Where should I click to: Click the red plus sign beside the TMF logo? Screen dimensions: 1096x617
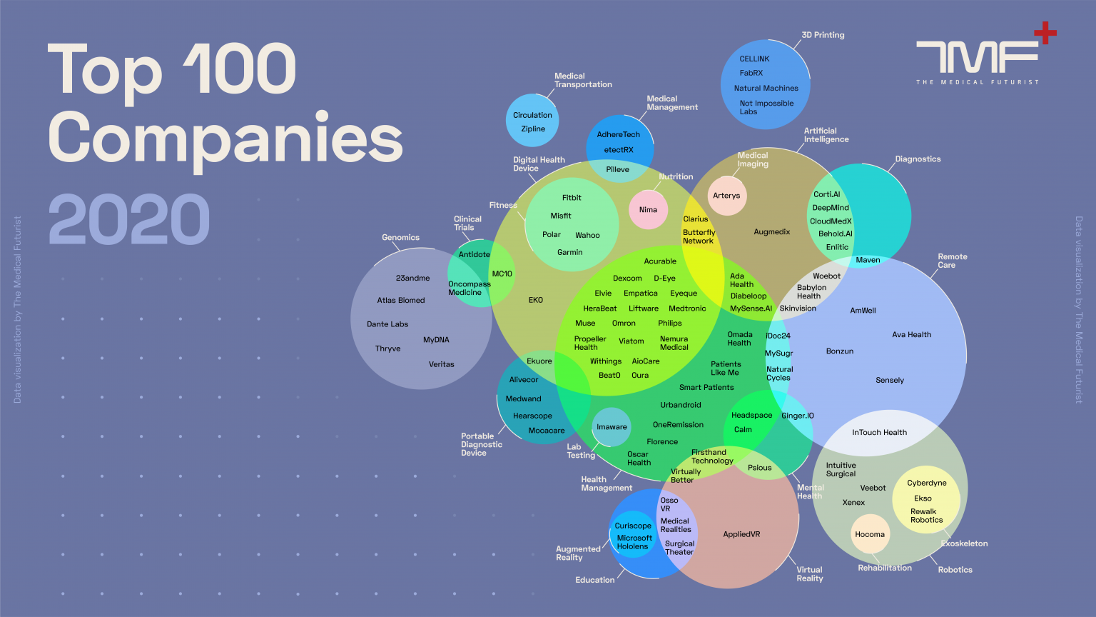tap(1045, 33)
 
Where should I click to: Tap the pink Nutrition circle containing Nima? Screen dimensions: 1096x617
tap(649, 209)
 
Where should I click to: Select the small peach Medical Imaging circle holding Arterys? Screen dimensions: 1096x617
tap(727, 196)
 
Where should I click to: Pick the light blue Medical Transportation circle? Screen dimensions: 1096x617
tap(532, 121)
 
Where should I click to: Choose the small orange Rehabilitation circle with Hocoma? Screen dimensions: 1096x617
tap(871, 533)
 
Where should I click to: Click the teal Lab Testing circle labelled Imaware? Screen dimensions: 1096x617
tap(611, 427)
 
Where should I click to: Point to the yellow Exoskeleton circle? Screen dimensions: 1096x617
tap(926, 499)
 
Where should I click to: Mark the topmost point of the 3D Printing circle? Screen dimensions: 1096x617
tap(765, 39)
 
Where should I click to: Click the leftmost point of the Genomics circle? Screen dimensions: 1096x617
tap(350, 318)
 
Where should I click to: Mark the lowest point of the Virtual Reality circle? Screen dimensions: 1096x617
tap(728, 588)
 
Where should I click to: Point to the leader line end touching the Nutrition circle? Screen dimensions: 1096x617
tap(654, 191)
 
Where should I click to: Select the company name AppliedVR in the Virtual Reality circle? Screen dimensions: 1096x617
tap(742, 534)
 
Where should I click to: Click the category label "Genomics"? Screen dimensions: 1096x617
tap(401, 238)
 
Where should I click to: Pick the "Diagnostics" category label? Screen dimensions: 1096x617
tap(918, 159)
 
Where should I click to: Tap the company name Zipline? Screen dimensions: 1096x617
tap(533, 129)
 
